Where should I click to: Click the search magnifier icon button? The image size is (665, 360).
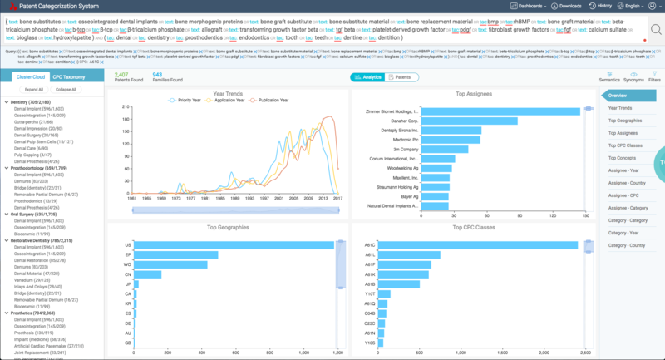(656, 29)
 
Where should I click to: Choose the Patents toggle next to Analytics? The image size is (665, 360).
(401, 76)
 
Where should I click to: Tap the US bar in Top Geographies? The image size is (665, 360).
(234, 245)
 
